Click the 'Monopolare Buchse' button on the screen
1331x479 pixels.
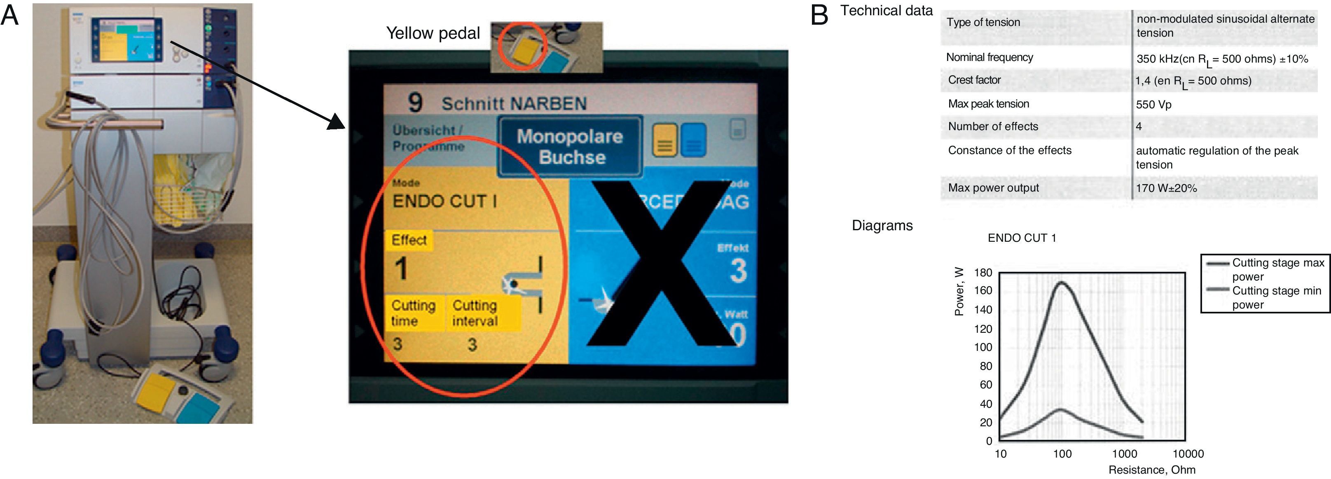pyautogui.click(x=570, y=146)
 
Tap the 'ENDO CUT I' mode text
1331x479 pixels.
pyautogui.click(x=444, y=201)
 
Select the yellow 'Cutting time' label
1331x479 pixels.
pyautogui.click(x=413, y=313)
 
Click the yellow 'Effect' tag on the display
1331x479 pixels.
pyautogui.click(x=409, y=240)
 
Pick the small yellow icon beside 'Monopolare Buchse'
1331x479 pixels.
pyautogui.click(x=664, y=140)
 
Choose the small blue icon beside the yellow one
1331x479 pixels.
pyautogui.click(x=693, y=140)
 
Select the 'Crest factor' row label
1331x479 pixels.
pyautogui.click(x=974, y=80)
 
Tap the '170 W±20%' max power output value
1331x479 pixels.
pyautogui.click(x=1166, y=188)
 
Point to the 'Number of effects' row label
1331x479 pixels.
pyautogui.click(x=992, y=126)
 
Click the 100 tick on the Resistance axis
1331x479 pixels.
pyautogui.click(x=1062, y=454)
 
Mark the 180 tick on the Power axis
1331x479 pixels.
pyautogui.click(x=983, y=273)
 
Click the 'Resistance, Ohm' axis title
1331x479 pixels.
pyautogui.click(x=1152, y=470)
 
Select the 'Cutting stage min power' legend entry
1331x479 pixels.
pyautogui.click(x=1276, y=298)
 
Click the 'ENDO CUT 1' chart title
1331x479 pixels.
pyautogui.click(x=1022, y=238)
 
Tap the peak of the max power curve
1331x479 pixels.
pyautogui.click(x=1062, y=282)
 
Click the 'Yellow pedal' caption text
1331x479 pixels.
pyautogui.click(x=433, y=33)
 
